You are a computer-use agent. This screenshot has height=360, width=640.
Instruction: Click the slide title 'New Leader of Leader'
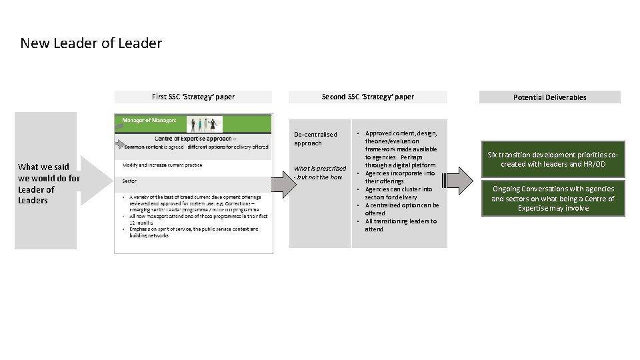coord(91,44)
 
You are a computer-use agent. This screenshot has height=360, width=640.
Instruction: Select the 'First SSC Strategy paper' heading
coord(193,97)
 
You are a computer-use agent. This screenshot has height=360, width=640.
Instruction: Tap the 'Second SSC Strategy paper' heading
coord(367,97)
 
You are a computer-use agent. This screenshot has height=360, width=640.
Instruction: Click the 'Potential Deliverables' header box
coord(549,97)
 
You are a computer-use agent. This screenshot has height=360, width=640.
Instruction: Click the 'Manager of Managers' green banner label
coord(149,121)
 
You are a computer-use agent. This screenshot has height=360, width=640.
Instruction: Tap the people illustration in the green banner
coord(204,124)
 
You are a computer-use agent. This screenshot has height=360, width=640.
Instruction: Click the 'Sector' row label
coord(129,181)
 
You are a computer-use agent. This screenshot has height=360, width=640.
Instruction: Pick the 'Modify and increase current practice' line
coord(162,165)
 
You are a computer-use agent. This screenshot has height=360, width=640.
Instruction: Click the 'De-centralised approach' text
coord(316,139)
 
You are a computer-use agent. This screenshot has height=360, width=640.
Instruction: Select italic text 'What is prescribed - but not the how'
coord(320,173)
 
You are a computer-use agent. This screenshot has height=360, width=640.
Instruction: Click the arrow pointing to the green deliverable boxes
coord(459,181)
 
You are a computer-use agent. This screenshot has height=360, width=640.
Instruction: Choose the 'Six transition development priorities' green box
coord(553,159)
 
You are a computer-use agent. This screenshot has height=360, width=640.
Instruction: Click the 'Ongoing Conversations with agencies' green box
coord(553,199)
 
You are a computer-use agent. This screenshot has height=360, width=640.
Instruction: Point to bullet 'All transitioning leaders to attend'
coord(400,225)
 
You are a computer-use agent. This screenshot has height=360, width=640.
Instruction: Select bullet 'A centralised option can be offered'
coord(401,209)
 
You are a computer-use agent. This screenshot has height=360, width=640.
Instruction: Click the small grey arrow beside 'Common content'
coord(121,143)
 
